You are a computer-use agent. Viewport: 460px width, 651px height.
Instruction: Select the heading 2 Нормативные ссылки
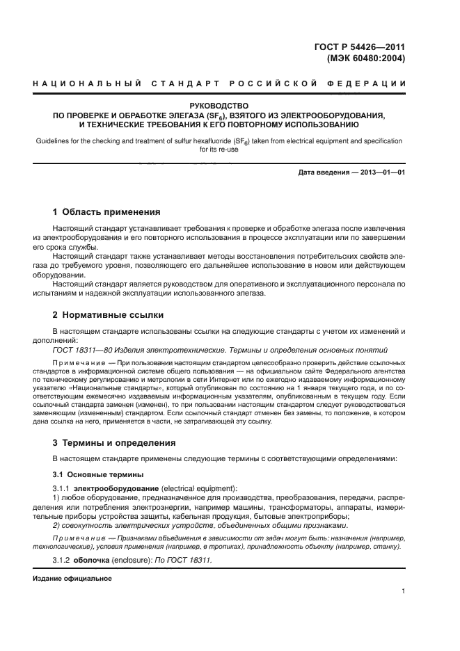pyautogui.click(x=108, y=315)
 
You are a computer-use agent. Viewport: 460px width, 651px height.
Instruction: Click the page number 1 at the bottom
pyautogui.click(x=404, y=591)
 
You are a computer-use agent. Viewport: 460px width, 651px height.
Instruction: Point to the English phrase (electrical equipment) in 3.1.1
pyautogui.click(x=198, y=488)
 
